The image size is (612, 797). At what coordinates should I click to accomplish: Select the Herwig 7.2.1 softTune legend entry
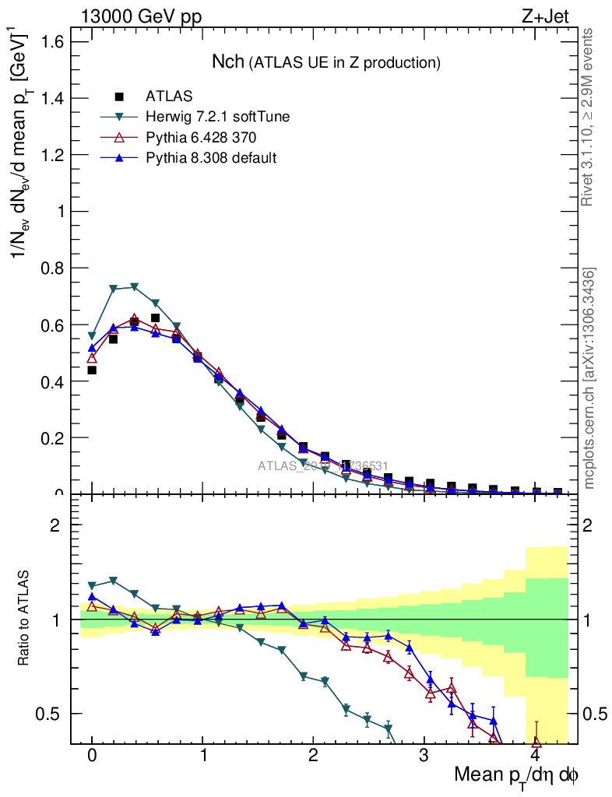[217, 117]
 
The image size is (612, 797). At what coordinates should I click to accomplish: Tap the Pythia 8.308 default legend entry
[211, 158]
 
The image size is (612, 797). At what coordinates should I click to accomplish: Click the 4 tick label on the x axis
[535, 757]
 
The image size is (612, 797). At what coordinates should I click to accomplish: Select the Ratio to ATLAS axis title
[24, 619]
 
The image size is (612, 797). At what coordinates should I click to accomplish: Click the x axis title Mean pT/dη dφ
[516, 775]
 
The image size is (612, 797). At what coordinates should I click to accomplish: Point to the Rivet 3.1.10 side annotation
[588, 117]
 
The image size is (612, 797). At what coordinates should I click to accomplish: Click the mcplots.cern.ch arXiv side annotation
[589, 377]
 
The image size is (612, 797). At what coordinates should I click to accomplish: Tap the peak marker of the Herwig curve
[134, 287]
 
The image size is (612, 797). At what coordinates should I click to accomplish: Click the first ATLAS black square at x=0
[92, 370]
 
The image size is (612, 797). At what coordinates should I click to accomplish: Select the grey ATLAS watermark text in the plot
[322, 465]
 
